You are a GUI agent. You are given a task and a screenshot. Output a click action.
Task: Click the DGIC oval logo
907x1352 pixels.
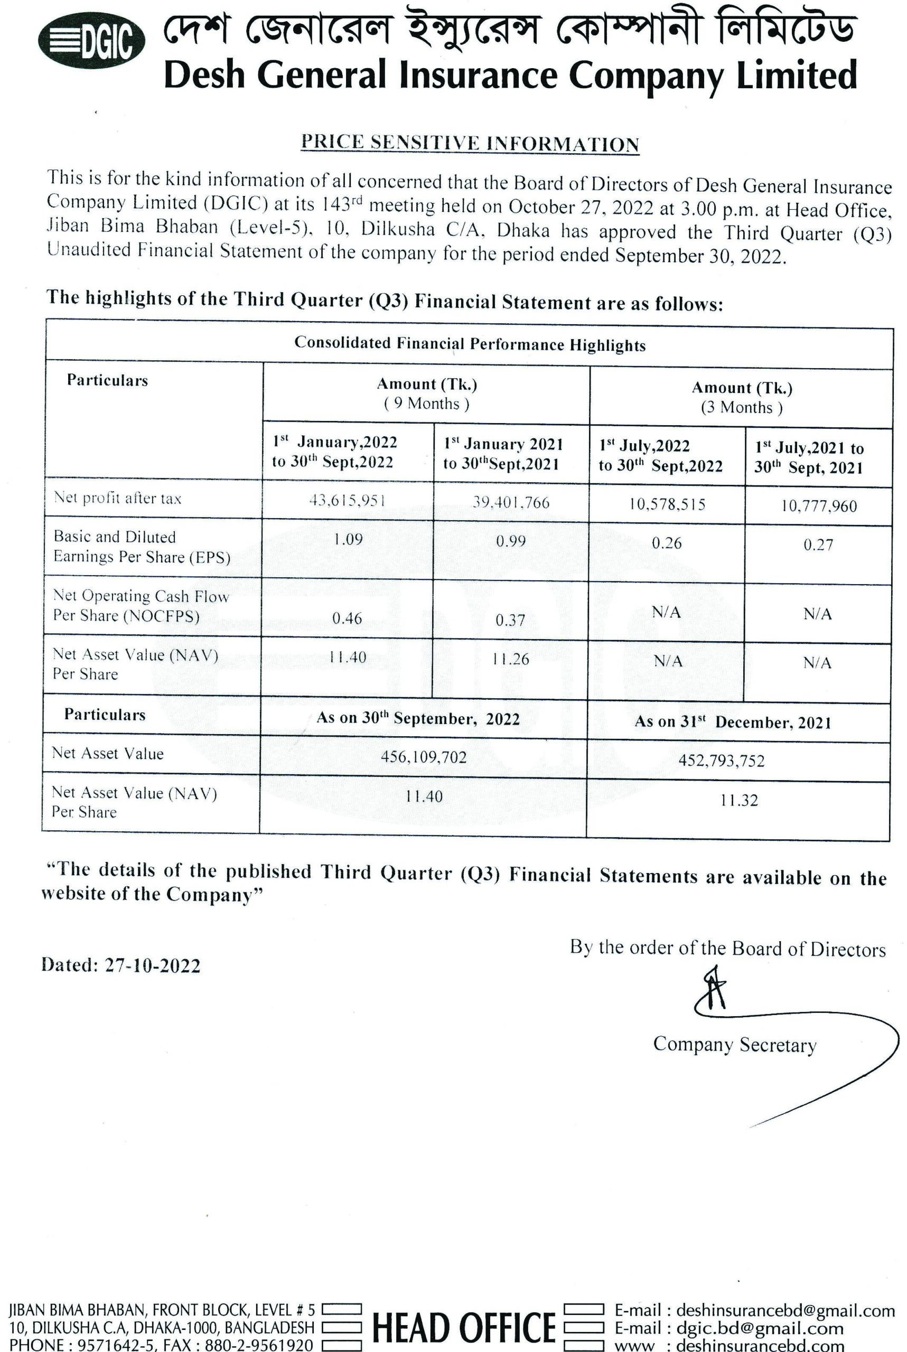tap(91, 41)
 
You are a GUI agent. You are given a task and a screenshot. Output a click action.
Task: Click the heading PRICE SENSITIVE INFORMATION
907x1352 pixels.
tap(470, 143)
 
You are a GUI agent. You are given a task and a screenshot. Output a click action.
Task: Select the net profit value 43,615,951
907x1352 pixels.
tap(348, 500)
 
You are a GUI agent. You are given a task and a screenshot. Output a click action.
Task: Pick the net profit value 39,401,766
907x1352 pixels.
tap(511, 502)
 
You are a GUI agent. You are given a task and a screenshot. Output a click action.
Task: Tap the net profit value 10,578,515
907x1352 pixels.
tap(668, 504)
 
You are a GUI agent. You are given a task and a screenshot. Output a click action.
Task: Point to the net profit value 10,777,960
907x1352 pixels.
tap(818, 506)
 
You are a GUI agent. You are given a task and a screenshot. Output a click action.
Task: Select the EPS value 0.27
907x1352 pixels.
tap(818, 544)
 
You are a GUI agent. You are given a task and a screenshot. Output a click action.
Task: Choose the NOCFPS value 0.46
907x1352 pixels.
tap(347, 618)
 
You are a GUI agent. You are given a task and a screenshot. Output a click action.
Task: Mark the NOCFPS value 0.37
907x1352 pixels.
tap(510, 621)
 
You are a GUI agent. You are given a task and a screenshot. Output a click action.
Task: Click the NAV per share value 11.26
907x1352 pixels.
tap(511, 659)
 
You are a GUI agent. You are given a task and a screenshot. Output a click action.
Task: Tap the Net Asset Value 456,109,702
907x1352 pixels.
tap(424, 757)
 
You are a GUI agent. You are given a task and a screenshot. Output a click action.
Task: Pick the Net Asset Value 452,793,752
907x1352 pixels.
tap(721, 760)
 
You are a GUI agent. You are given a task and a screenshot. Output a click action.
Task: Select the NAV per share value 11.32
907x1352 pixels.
tap(738, 800)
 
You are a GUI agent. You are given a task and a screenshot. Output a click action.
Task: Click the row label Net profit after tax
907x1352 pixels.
tap(117, 498)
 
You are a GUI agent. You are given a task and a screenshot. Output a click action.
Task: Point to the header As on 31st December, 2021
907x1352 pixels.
tap(732, 722)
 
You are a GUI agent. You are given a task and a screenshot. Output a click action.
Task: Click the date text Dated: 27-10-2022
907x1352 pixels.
tap(120, 965)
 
